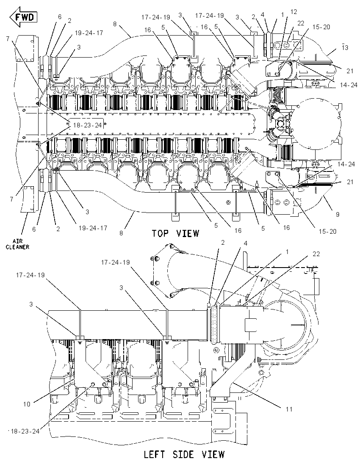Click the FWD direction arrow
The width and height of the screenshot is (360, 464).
click(23, 17)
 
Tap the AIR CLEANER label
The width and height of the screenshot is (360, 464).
click(18, 244)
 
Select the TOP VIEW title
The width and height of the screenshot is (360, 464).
click(176, 233)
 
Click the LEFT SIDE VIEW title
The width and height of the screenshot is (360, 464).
click(184, 454)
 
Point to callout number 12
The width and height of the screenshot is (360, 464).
click(294, 12)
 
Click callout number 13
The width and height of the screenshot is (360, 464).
click(345, 48)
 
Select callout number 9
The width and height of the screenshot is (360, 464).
click(338, 215)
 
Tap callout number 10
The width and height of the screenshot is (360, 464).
click(27, 403)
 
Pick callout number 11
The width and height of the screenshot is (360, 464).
click(289, 409)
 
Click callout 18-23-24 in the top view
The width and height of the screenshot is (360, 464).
click(87, 125)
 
